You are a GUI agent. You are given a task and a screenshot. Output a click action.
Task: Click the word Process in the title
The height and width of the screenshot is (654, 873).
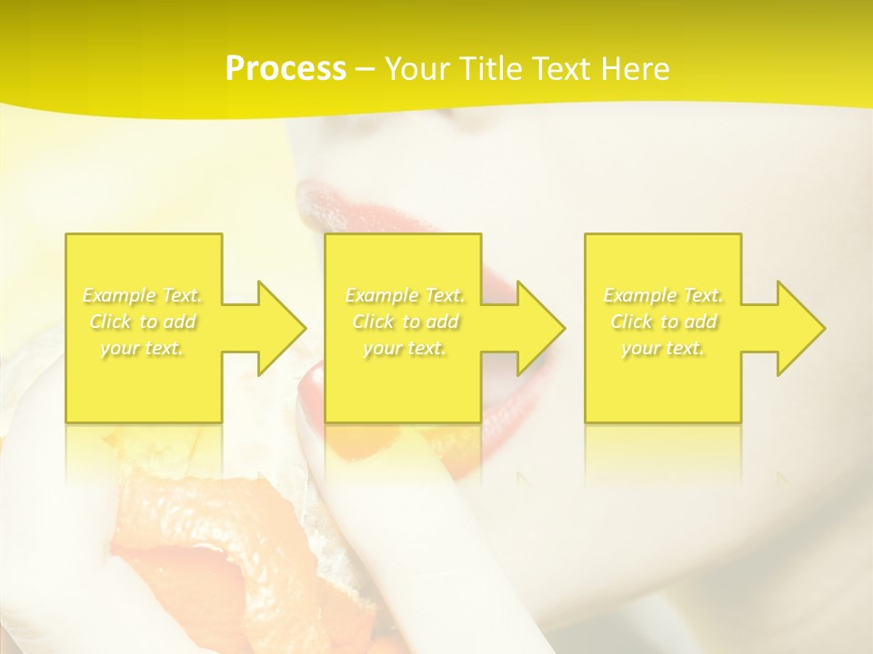tap(286, 69)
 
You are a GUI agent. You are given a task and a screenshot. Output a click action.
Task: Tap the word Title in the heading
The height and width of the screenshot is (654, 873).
tap(490, 69)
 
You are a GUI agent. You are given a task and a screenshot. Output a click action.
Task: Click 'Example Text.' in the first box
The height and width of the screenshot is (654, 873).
tap(143, 295)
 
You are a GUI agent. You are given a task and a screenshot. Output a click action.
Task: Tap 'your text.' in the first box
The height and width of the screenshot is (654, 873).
tap(143, 348)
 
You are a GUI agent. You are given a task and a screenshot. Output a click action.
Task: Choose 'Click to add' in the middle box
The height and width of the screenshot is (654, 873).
tap(405, 322)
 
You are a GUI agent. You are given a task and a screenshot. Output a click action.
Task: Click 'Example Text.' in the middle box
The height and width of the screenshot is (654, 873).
tap(405, 295)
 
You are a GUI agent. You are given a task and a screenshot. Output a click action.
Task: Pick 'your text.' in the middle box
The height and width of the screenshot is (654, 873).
tap(405, 348)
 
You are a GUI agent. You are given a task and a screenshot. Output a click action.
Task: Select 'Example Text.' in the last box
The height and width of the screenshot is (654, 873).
tap(663, 295)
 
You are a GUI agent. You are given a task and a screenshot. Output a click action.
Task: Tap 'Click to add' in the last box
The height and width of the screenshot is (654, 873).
tap(663, 322)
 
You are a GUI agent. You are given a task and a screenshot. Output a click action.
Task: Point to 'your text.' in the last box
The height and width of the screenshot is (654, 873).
tap(663, 348)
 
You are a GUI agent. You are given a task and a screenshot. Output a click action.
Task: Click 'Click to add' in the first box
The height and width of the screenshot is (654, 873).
tap(143, 322)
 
